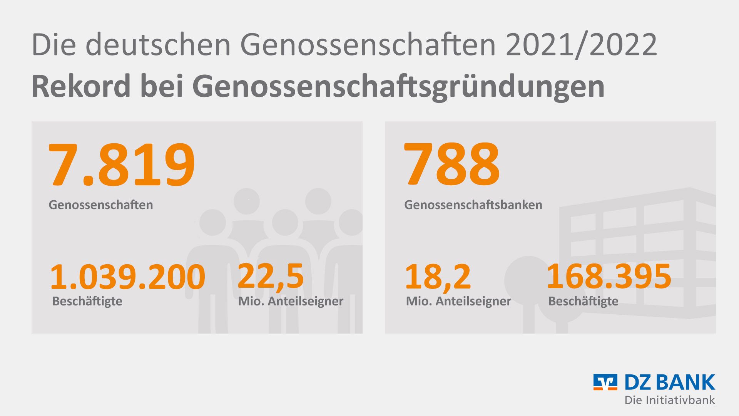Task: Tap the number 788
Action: (451, 164)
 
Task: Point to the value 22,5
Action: (271, 276)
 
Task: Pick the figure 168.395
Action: (609, 276)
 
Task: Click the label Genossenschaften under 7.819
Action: (100, 205)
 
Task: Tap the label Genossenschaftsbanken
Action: (473, 205)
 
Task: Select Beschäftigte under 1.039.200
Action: (87, 301)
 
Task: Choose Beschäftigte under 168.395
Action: (583, 301)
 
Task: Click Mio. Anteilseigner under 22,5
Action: (291, 301)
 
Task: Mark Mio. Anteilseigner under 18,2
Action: (458, 301)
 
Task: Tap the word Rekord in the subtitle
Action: (81, 86)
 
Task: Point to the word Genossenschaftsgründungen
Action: (398, 87)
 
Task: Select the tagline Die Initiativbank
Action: (670, 400)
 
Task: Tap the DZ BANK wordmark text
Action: (670, 382)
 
